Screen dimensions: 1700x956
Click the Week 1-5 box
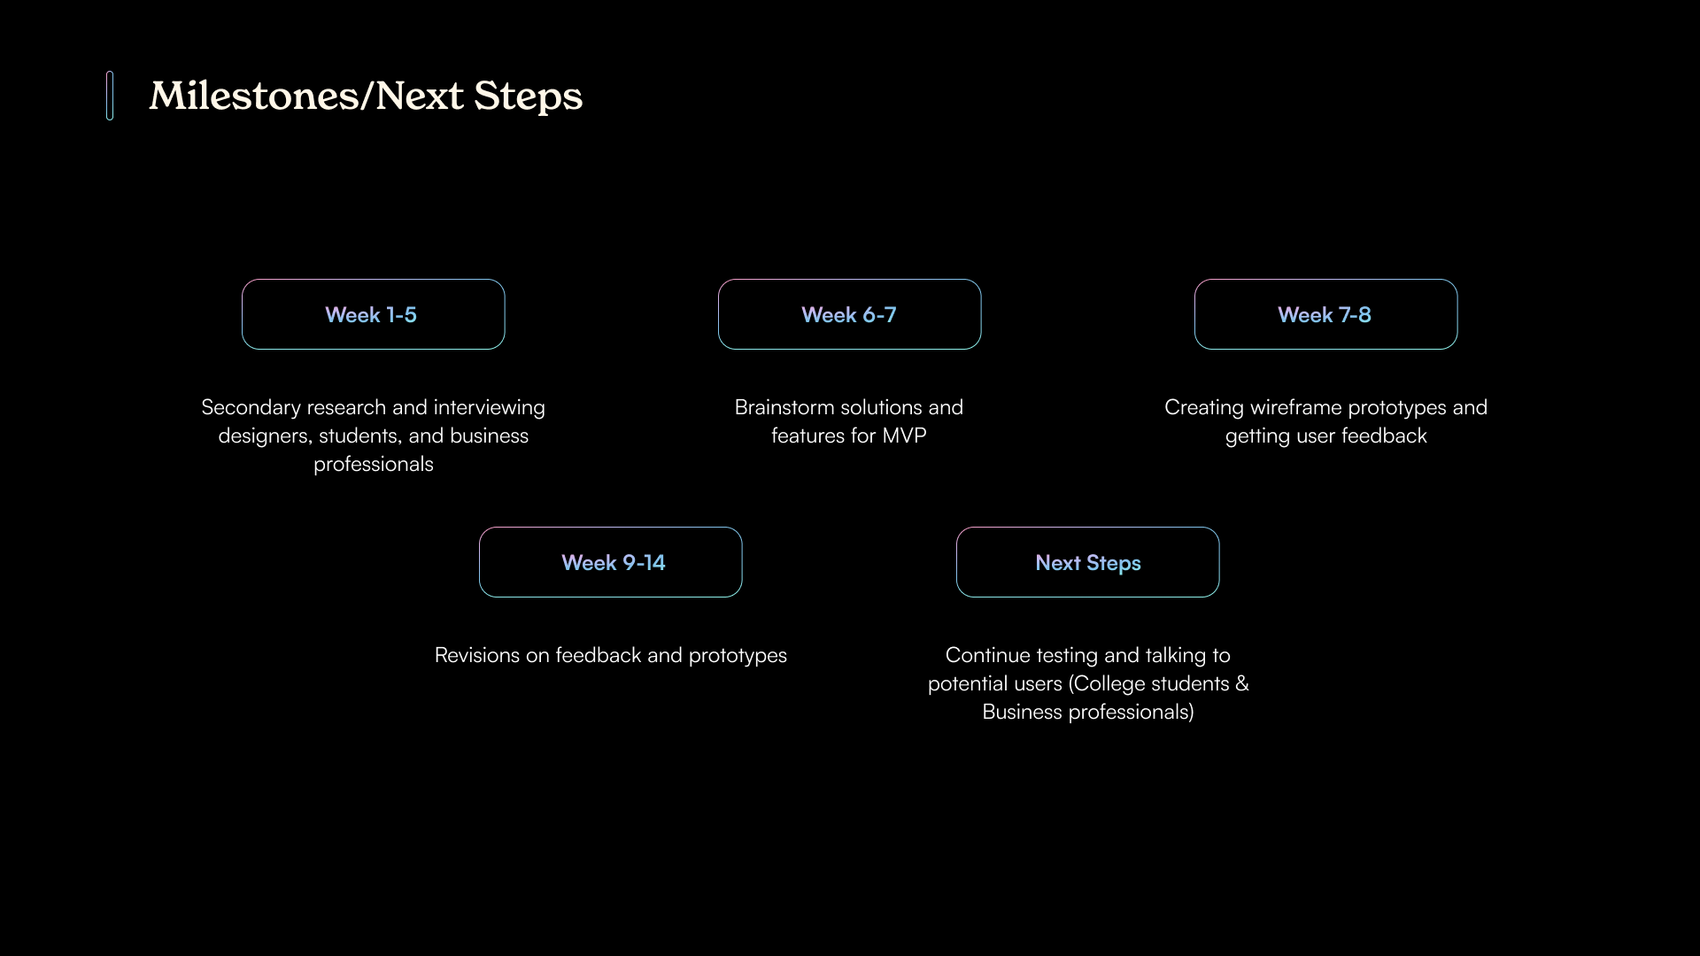(373, 314)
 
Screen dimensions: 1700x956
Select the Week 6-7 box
(849, 314)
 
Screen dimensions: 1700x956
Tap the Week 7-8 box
(1325, 314)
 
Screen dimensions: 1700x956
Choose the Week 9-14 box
(610, 562)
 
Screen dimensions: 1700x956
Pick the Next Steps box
(1087, 562)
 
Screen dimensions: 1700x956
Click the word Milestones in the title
(254, 96)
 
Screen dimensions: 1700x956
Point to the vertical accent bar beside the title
(110, 96)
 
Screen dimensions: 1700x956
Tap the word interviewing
(489, 408)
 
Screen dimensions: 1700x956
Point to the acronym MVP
(904, 436)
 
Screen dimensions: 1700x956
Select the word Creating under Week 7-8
(1203, 408)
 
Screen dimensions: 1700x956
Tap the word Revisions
(476, 655)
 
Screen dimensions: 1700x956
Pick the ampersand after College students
(1242, 683)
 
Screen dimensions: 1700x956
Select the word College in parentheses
(1107, 684)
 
